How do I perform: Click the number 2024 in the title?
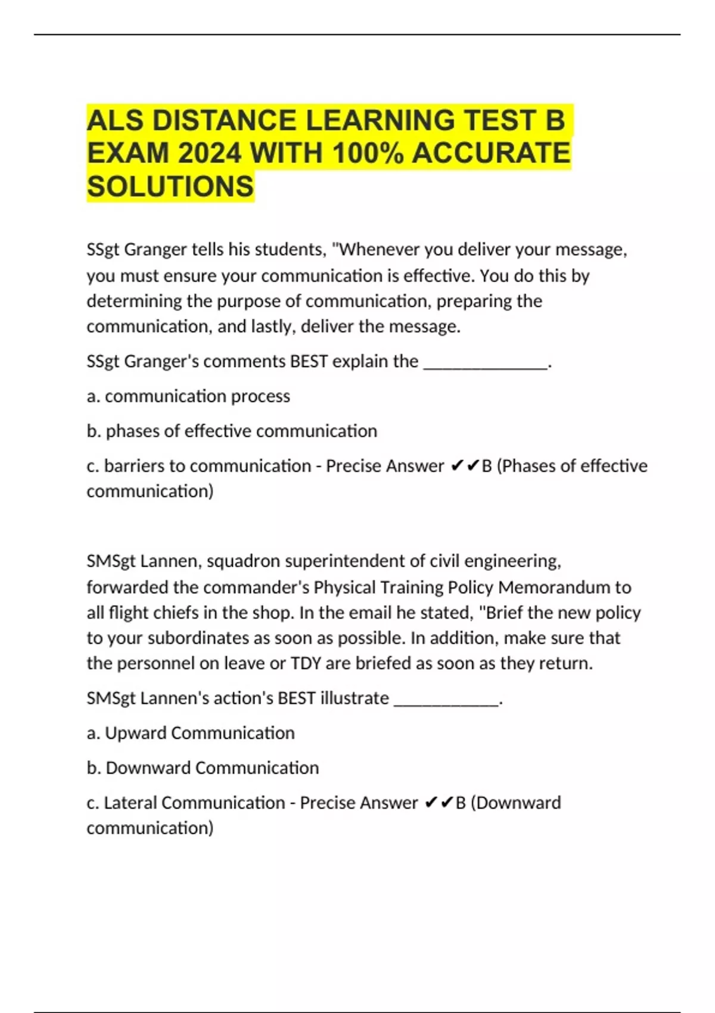(x=209, y=153)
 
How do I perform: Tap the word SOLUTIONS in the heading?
(x=170, y=187)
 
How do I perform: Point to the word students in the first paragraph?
(x=290, y=250)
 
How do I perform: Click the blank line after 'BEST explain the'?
(x=486, y=362)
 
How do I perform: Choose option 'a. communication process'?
(x=188, y=396)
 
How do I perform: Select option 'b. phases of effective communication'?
(x=232, y=431)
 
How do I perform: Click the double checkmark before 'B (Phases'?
(x=465, y=466)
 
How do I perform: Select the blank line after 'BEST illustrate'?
(x=446, y=698)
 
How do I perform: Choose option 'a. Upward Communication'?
(x=191, y=733)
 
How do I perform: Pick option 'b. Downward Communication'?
(x=203, y=767)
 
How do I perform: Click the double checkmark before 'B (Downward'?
(x=439, y=803)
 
